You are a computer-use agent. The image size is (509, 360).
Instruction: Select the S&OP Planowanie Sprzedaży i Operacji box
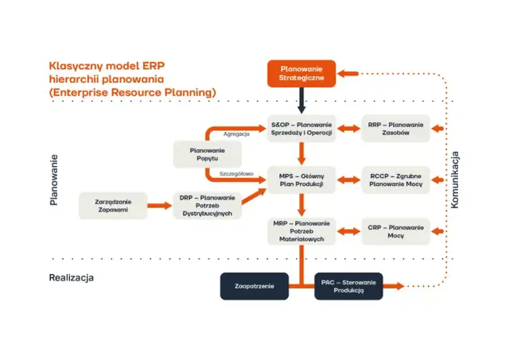[301, 128]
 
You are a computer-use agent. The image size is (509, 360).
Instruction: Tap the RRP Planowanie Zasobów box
[395, 128]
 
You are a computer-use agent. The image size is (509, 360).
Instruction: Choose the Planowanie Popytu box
[207, 154]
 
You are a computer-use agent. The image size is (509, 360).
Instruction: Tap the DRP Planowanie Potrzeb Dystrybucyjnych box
[207, 205]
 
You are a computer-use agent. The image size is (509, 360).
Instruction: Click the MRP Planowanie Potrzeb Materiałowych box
[301, 230]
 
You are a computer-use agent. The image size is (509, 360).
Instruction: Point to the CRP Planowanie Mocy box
[395, 230]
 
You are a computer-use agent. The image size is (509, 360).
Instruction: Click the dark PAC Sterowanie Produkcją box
[348, 285]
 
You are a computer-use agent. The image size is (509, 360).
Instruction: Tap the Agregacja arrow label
[236, 134]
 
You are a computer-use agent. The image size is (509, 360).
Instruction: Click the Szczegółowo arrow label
[236, 173]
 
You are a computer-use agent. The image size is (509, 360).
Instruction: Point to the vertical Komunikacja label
[456, 180]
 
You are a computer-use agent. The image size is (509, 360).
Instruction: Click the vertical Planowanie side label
[53, 180]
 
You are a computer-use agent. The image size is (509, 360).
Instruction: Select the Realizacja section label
[72, 277]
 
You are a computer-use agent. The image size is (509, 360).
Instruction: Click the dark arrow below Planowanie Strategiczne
[301, 100]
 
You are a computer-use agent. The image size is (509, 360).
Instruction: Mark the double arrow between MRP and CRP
[348, 230]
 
